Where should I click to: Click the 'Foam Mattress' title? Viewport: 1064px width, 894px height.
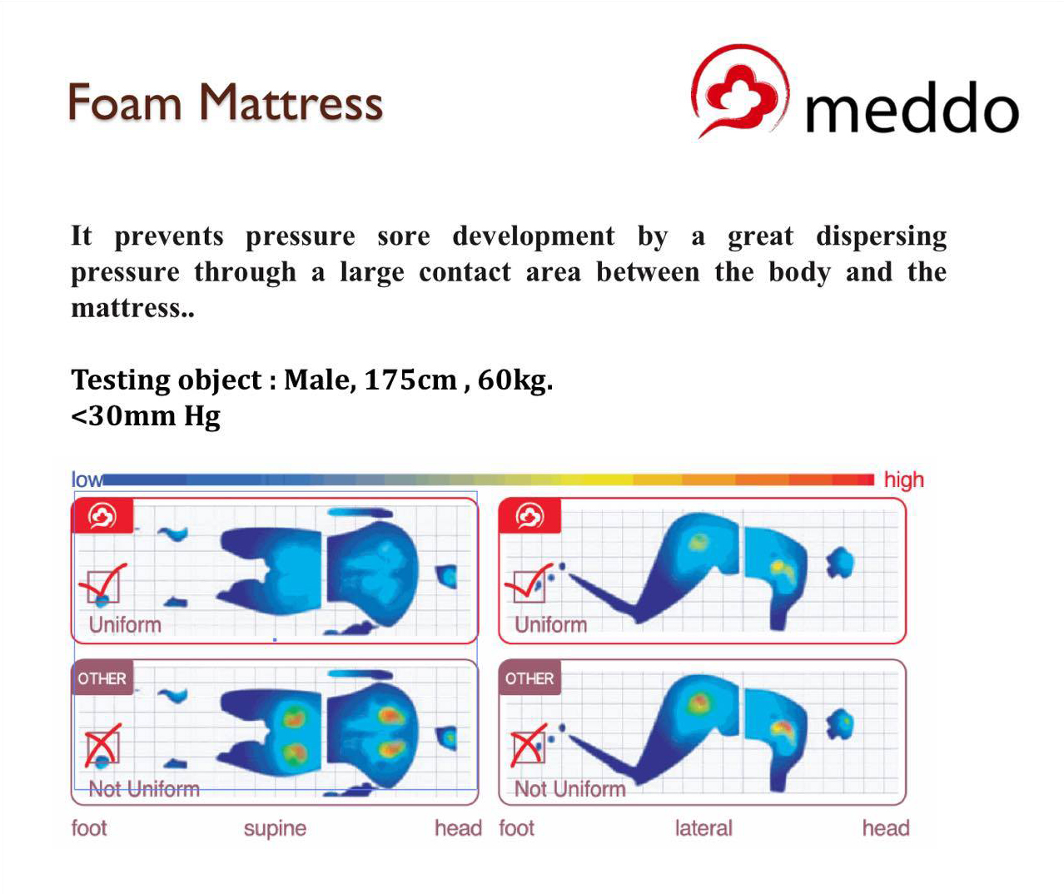coord(226,102)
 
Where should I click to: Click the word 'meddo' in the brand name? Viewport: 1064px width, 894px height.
coord(912,107)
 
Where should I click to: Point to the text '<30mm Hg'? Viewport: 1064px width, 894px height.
coord(146,415)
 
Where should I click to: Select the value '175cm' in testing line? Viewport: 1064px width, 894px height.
coord(410,380)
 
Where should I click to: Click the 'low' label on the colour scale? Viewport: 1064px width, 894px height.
coord(87,479)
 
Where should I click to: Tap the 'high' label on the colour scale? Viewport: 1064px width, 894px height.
coord(903,479)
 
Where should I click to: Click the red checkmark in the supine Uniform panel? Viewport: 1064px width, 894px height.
coord(102,581)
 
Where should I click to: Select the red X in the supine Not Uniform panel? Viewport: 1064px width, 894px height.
coord(102,745)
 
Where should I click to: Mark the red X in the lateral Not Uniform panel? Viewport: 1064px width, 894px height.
coord(529,745)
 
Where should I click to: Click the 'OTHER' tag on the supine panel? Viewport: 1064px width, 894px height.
coord(102,678)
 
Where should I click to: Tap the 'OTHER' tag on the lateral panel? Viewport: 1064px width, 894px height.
coord(530,678)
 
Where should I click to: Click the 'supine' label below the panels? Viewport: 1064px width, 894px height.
coord(276,829)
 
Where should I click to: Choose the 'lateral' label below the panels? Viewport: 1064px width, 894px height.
coord(704,827)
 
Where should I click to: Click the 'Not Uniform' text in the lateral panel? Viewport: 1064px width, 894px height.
coord(570,788)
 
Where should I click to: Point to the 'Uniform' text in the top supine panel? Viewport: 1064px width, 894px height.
coord(125,624)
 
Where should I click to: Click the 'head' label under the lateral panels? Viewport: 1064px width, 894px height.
coord(886,827)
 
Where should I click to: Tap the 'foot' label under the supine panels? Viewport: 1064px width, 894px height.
coord(89,827)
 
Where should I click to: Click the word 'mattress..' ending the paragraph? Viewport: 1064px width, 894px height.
coord(132,308)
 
